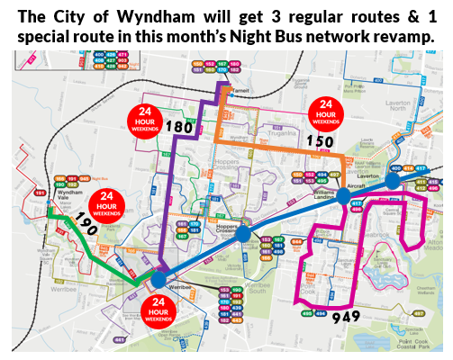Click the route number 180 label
(x=180, y=127)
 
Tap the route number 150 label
(x=320, y=141)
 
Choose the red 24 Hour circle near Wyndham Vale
(x=106, y=204)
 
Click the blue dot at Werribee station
(x=158, y=280)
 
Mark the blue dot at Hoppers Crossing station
(x=243, y=233)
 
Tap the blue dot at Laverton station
(x=393, y=181)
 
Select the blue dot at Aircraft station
(x=345, y=195)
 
